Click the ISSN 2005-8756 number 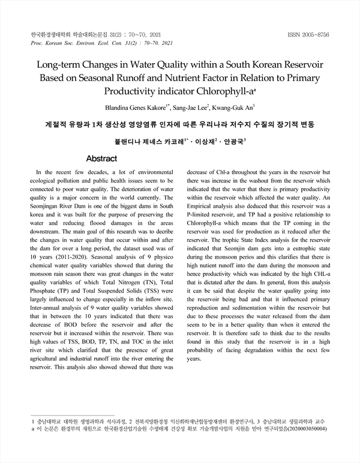point(308,35)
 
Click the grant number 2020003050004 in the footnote point(307,431)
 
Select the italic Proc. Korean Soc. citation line point(101,43)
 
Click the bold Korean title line point(179,124)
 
